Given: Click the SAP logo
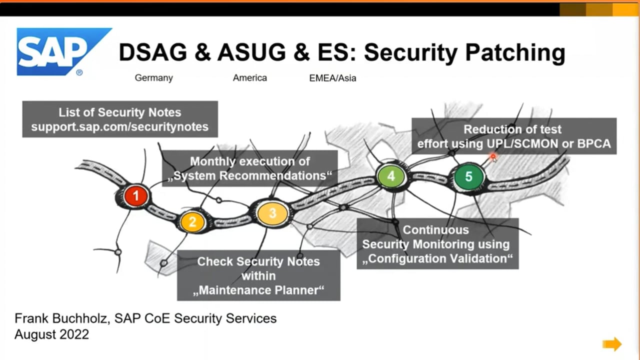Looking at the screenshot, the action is pyautogui.click(x=63, y=51).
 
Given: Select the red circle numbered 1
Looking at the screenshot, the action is pyautogui.click(x=136, y=195).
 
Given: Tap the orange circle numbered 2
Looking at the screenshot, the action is pyautogui.click(x=192, y=221).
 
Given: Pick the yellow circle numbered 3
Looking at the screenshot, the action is pyautogui.click(x=272, y=213).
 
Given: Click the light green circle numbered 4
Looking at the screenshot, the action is pyautogui.click(x=391, y=176).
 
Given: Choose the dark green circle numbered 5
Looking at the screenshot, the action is pyautogui.click(x=468, y=176).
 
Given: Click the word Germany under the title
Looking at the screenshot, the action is pyautogui.click(x=153, y=78).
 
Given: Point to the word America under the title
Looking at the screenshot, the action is pyautogui.click(x=249, y=77).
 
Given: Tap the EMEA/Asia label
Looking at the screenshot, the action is pyautogui.click(x=332, y=78).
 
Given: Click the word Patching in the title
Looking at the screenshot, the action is pyautogui.click(x=515, y=53).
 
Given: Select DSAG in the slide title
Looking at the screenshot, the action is pyautogui.click(x=153, y=52).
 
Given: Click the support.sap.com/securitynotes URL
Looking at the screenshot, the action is pyautogui.click(x=120, y=126).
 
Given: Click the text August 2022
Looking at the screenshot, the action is pyautogui.click(x=51, y=334).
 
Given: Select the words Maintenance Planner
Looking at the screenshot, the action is pyautogui.click(x=258, y=290).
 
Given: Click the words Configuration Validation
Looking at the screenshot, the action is pyautogui.click(x=437, y=258).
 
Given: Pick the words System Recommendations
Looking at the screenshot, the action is pyautogui.click(x=249, y=175).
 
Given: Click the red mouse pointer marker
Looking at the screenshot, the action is pyautogui.click(x=493, y=157).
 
